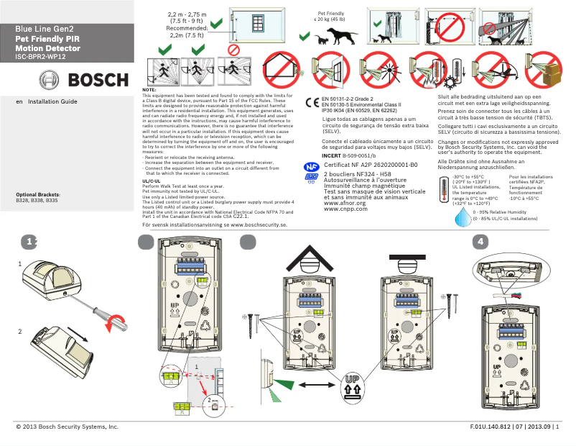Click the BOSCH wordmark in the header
(98, 79)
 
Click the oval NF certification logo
(312, 165)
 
